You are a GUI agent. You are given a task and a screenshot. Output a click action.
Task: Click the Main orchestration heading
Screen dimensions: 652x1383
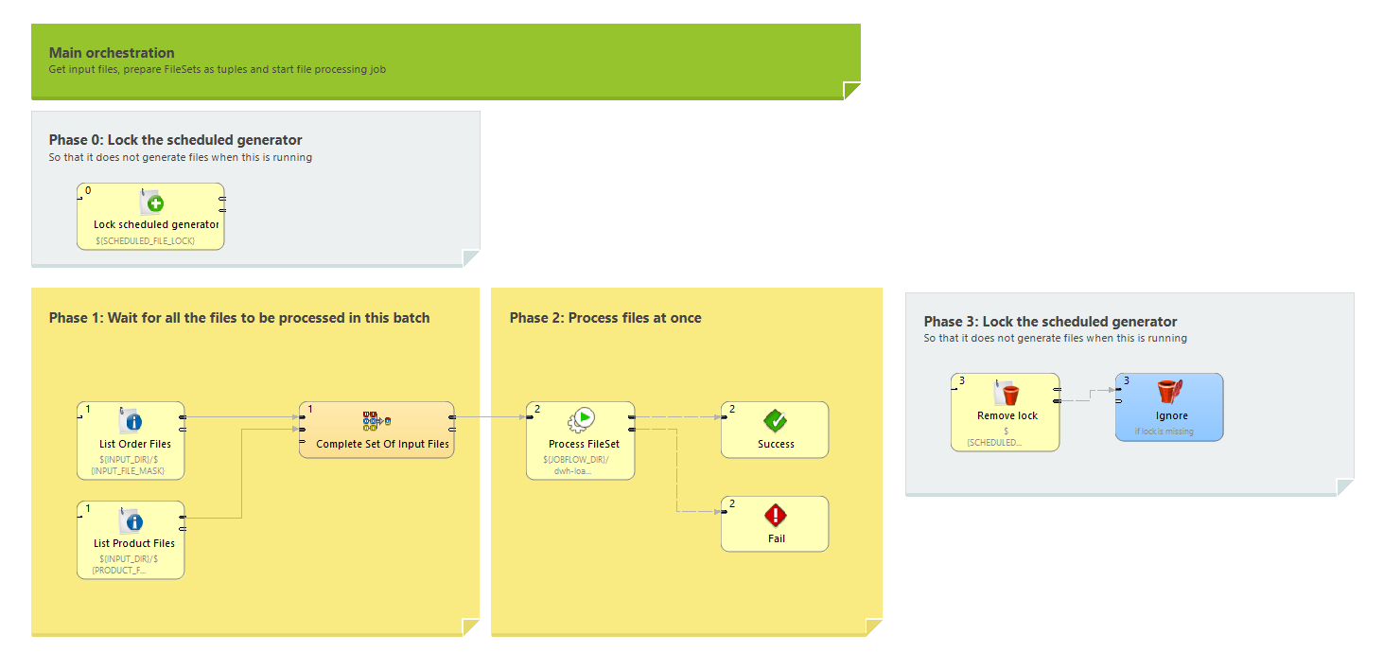112,53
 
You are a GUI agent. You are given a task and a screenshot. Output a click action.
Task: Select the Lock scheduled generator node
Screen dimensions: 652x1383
150,217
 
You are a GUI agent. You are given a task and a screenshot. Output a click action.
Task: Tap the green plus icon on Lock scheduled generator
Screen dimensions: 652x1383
155,203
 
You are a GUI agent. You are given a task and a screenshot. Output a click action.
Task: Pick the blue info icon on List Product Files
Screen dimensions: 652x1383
133,521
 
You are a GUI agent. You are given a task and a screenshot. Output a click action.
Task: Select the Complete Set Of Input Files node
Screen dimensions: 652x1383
376,431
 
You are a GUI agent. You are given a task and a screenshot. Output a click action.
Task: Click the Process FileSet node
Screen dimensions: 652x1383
581,440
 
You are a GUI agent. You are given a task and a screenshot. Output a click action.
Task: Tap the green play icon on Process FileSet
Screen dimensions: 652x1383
586,417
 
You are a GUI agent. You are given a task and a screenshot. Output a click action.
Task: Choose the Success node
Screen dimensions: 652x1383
775,431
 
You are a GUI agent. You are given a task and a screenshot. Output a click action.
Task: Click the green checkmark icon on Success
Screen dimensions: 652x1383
776,421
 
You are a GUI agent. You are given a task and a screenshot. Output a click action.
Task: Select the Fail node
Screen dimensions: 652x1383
775,524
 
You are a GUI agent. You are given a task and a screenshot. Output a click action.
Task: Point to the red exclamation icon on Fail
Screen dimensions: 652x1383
776,516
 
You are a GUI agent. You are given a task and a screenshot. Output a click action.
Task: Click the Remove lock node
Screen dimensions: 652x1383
1005,412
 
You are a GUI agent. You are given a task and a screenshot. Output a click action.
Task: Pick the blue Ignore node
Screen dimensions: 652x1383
1169,407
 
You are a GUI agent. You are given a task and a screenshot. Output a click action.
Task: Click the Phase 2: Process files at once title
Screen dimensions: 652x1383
605,318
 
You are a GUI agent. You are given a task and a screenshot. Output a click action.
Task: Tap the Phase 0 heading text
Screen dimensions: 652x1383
176,140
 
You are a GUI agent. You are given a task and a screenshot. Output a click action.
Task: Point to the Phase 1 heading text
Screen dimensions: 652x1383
239,318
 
